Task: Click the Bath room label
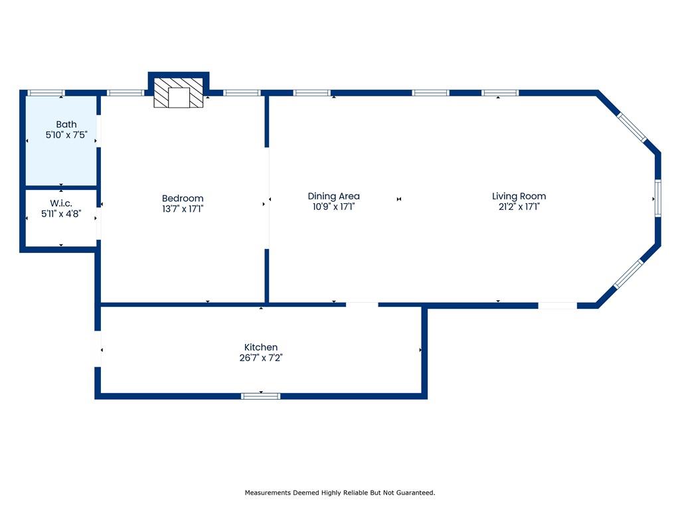click(66, 124)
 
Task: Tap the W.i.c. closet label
click(61, 203)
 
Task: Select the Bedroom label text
click(183, 199)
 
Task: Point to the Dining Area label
click(334, 197)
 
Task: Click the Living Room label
click(519, 197)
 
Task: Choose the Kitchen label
click(260, 347)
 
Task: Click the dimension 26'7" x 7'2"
click(260, 358)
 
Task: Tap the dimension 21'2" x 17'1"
click(519, 207)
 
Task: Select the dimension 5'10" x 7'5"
click(66, 135)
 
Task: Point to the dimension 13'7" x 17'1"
click(183, 209)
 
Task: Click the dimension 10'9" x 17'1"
click(334, 207)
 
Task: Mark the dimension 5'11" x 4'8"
click(61, 214)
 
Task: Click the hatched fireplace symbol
click(179, 92)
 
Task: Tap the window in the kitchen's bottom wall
click(260, 396)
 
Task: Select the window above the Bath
click(46, 93)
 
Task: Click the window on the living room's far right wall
click(658, 198)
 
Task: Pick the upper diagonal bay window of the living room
click(632, 127)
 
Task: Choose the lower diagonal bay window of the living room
click(629, 274)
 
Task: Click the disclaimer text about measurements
click(340, 493)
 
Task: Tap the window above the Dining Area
click(312, 93)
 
